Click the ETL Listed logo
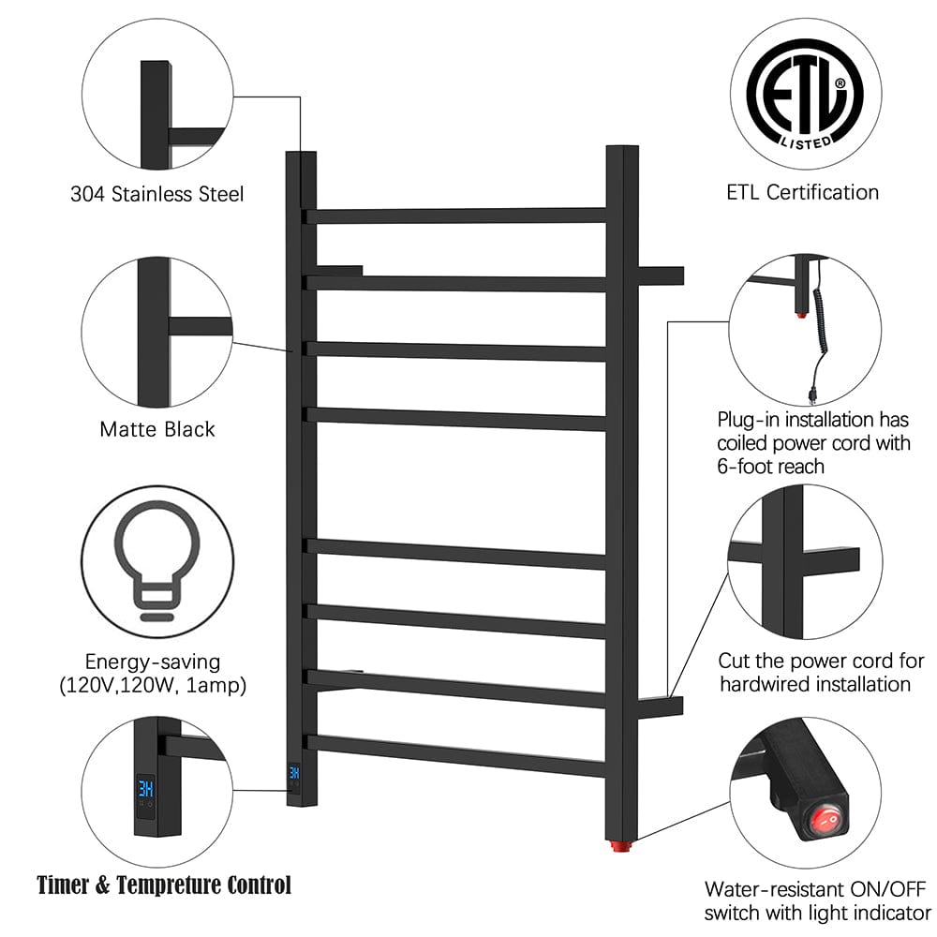[x=804, y=92]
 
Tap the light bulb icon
[x=156, y=561]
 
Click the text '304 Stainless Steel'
[x=156, y=194]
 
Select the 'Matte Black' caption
[x=156, y=429]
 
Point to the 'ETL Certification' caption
[x=803, y=192]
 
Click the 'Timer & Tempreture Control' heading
[x=164, y=885]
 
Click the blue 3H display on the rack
[x=294, y=773]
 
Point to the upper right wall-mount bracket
[x=662, y=275]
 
